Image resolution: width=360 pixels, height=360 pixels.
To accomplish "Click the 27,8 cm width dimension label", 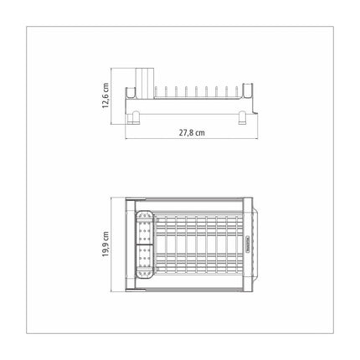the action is pos(192,132).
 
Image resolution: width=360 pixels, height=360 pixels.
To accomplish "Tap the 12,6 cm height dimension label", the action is pos(105,95).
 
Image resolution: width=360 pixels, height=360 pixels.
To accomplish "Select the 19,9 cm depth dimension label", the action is pos(105,244).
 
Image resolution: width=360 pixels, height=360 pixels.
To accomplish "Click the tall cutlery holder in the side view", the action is pos(145,83).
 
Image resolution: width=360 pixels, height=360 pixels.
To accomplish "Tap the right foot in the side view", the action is pos(242,118).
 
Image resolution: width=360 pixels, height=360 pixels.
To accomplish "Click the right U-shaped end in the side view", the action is pos(248,90).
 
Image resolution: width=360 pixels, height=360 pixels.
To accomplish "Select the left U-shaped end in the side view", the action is pos(131,93).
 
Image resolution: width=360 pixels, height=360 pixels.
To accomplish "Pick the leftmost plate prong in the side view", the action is pos(156,92).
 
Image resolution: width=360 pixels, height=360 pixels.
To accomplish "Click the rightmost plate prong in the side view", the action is pos(237,92).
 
